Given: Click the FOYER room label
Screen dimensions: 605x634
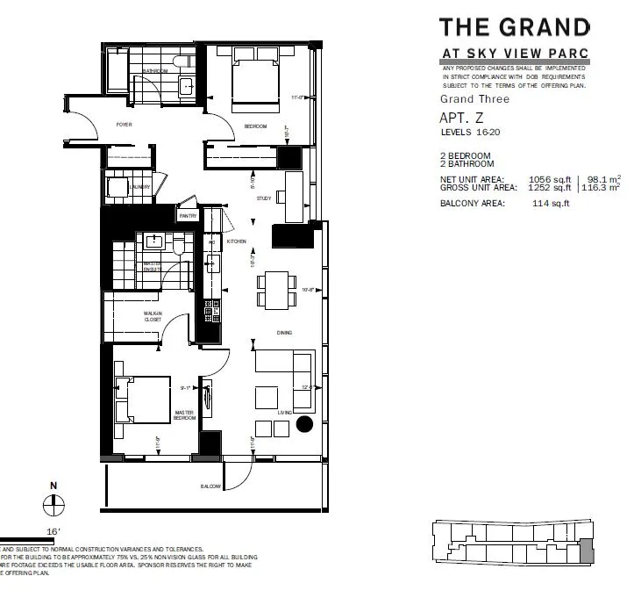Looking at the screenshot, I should click(124, 126).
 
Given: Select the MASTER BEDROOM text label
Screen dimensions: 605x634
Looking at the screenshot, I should click(183, 415).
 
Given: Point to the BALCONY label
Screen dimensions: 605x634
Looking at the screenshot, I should click(210, 486).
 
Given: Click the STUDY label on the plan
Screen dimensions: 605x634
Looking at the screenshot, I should click(262, 199).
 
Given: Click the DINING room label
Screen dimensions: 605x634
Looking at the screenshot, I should click(283, 333).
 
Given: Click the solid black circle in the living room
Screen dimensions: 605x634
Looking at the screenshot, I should click(303, 426).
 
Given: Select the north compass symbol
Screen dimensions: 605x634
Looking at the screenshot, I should click(53, 503).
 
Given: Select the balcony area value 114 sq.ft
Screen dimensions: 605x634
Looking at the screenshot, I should click(550, 204).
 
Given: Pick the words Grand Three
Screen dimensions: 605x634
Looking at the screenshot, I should click(474, 99).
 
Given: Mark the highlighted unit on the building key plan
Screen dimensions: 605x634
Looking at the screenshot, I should click(585, 552).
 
